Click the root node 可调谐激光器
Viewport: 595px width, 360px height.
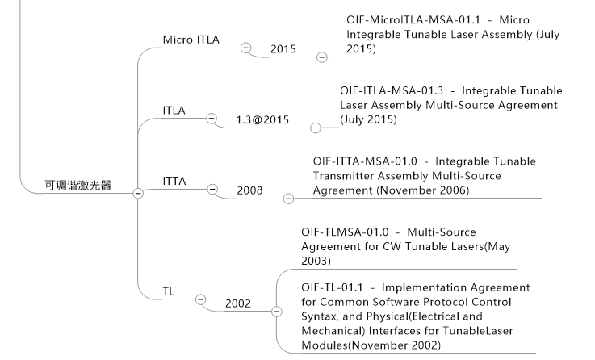pos(78,186)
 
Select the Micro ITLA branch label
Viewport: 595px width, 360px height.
pos(191,40)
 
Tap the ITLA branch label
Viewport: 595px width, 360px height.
pos(174,109)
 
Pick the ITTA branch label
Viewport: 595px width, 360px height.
pos(174,180)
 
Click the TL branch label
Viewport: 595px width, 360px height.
pos(169,291)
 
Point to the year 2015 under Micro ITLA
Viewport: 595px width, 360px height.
pos(283,49)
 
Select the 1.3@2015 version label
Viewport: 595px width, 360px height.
pos(262,120)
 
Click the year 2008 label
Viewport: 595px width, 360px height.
pos(249,190)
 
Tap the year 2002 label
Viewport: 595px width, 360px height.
pos(238,303)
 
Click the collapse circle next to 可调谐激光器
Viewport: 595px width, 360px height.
pos(138,192)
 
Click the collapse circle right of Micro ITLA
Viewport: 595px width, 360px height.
pos(245,47)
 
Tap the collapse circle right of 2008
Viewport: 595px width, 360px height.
pos(289,198)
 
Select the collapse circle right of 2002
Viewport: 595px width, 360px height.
pos(277,311)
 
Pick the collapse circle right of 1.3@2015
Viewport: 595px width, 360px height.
pos(316,128)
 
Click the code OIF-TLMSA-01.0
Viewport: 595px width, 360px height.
pos(349,232)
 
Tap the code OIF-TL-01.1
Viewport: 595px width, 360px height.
pos(336,287)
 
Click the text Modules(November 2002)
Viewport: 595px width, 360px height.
pos(371,345)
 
